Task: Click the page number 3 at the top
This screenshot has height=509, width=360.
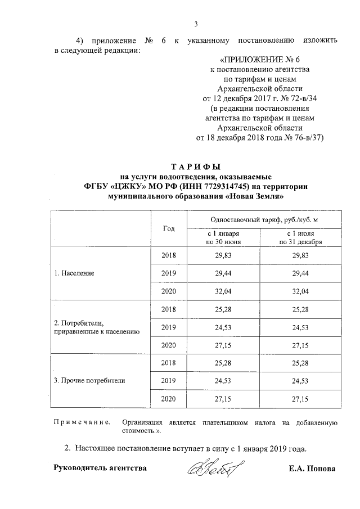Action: tap(196, 24)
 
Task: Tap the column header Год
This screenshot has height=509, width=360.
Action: tap(169, 229)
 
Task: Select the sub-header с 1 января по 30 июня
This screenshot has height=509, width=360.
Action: tap(224, 237)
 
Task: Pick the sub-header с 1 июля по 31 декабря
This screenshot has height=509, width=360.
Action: tap(304, 237)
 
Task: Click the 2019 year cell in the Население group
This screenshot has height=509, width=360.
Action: tap(169, 273)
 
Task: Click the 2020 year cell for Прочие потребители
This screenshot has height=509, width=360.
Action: tap(169, 399)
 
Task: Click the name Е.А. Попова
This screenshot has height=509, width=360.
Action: tap(312, 469)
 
